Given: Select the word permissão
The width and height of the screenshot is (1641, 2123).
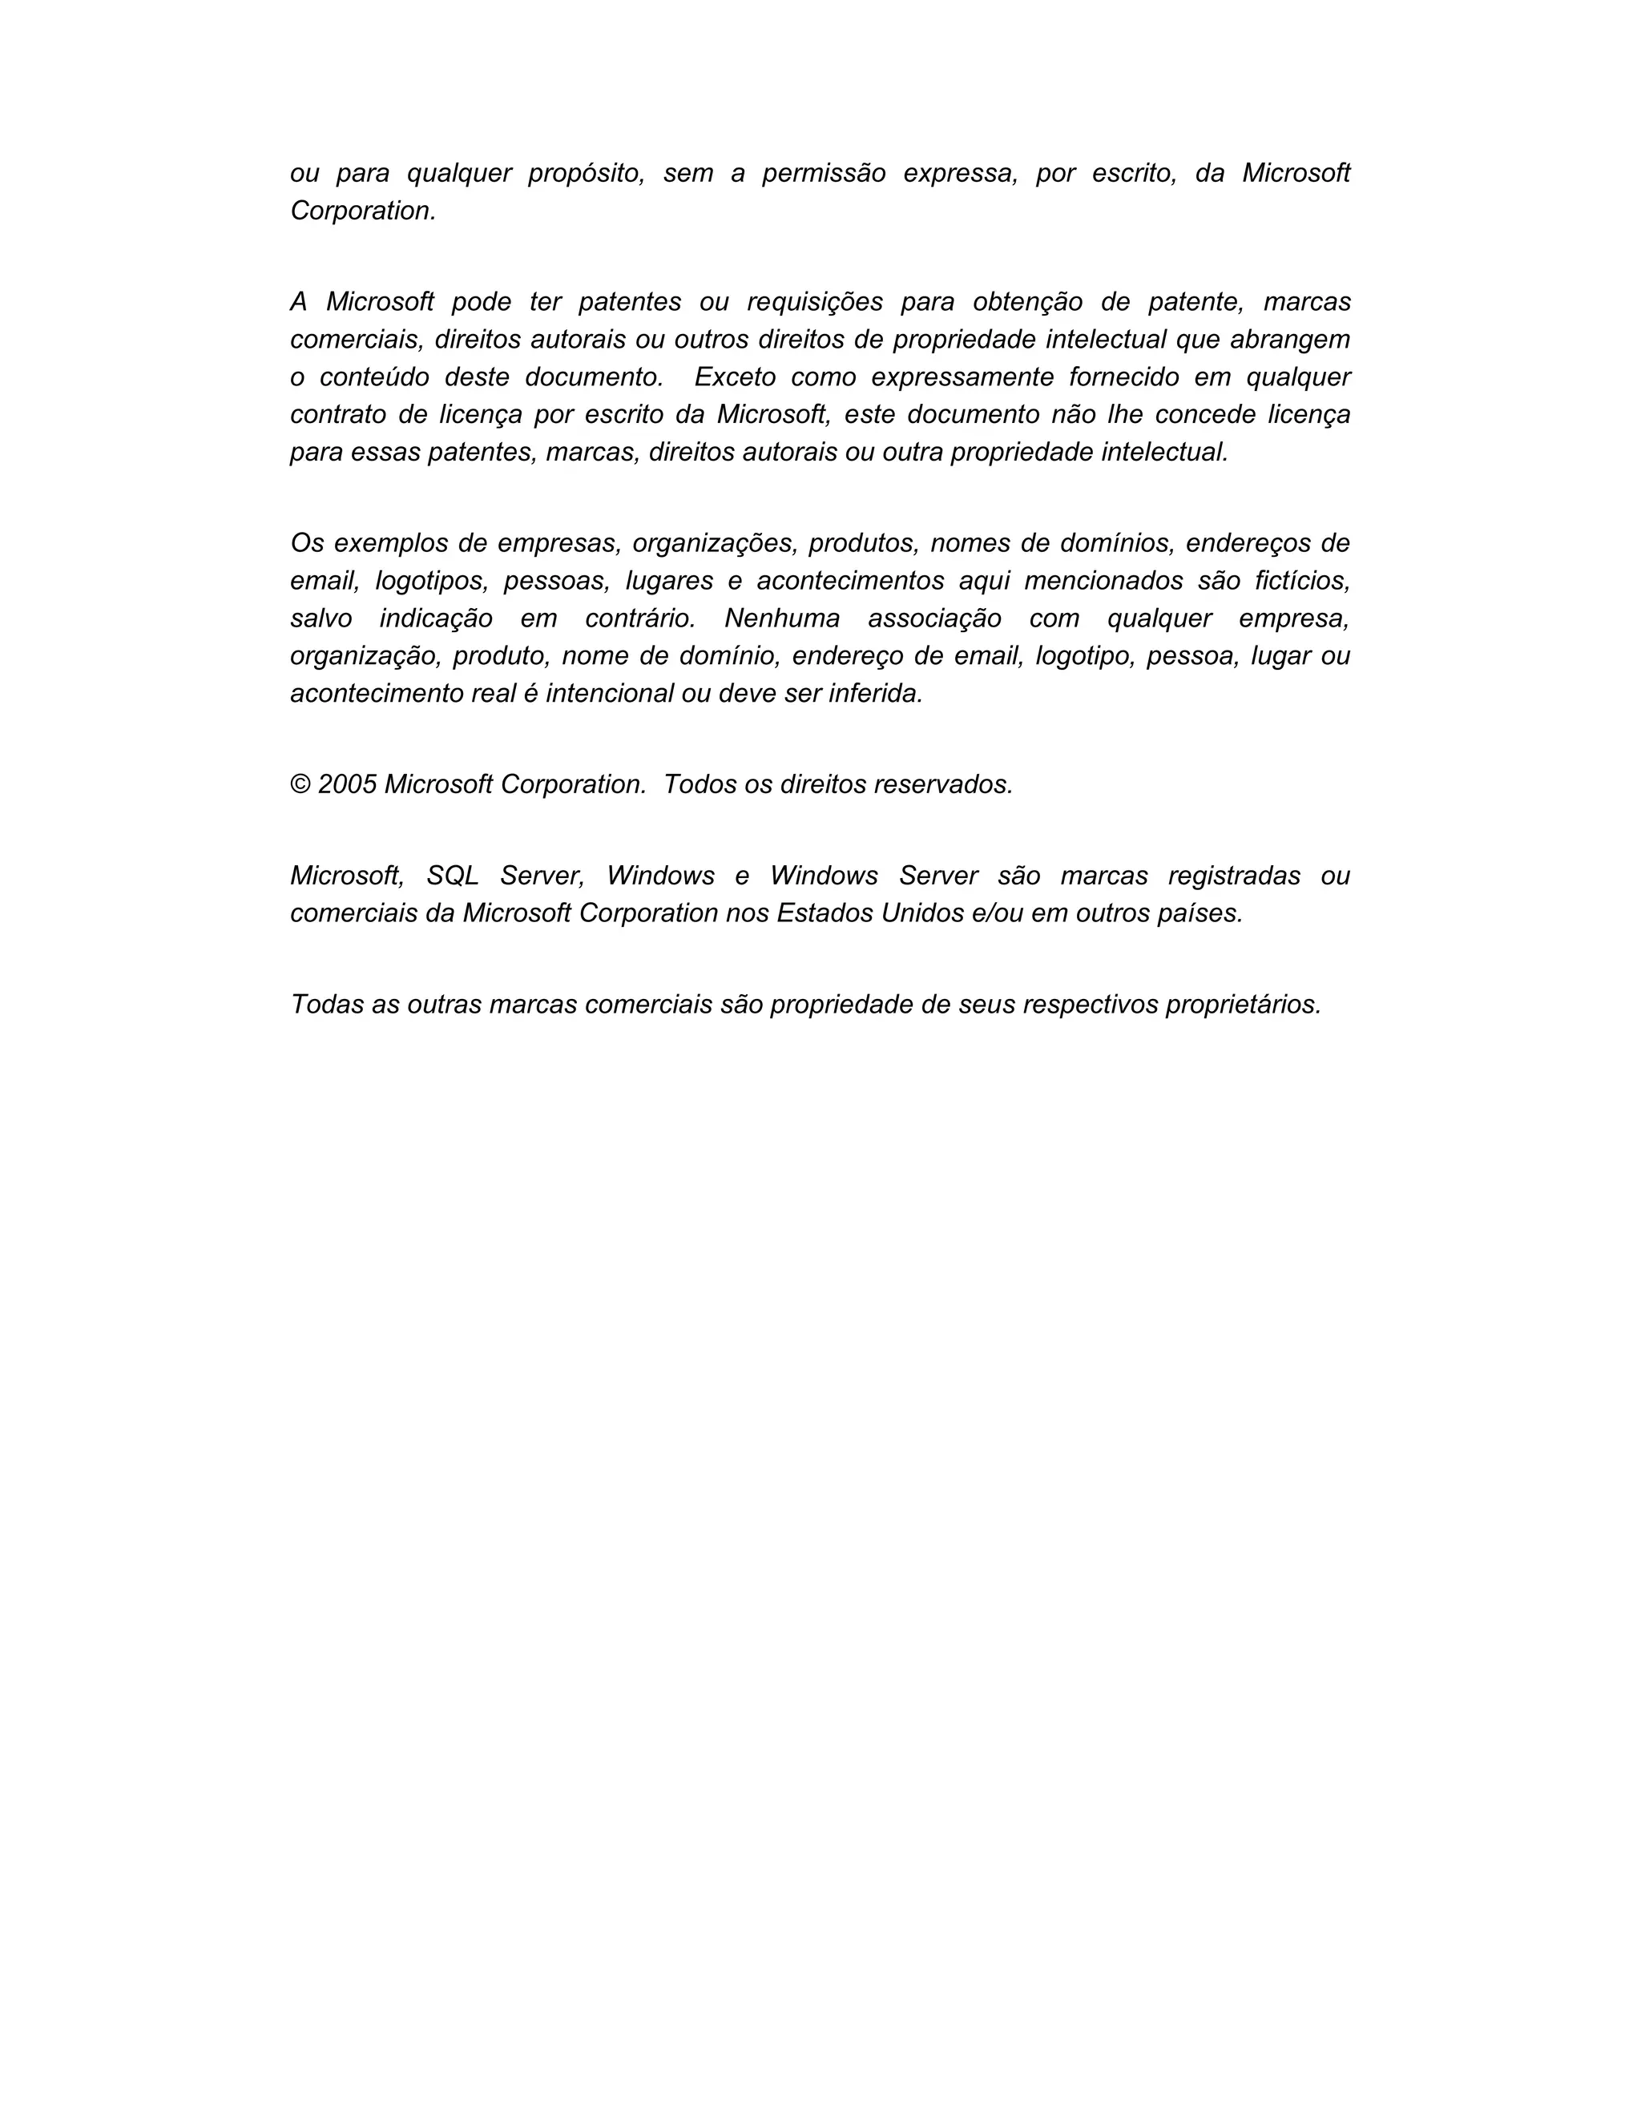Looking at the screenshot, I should (x=824, y=174).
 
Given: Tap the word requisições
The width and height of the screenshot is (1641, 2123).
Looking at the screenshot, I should (x=815, y=302).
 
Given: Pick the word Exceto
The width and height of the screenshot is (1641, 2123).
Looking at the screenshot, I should (x=735, y=377).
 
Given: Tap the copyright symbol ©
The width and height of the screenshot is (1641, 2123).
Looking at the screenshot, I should (x=300, y=784).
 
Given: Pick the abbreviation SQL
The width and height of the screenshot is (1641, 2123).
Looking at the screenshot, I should (x=453, y=876).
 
